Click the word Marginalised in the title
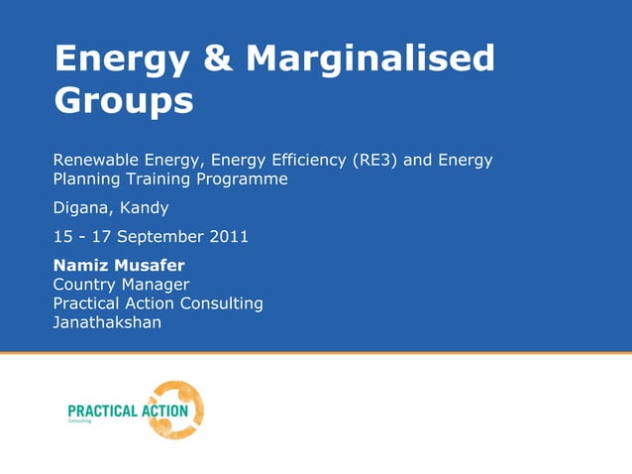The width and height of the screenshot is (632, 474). point(370,59)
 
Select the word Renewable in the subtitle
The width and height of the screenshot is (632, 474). point(92,160)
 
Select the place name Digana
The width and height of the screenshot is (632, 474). point(82,208)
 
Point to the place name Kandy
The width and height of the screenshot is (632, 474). point(145,208)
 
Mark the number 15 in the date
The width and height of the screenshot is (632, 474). point(61,237)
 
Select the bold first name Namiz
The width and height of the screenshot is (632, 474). point(81,266)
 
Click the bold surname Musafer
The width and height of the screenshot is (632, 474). point(150,266)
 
